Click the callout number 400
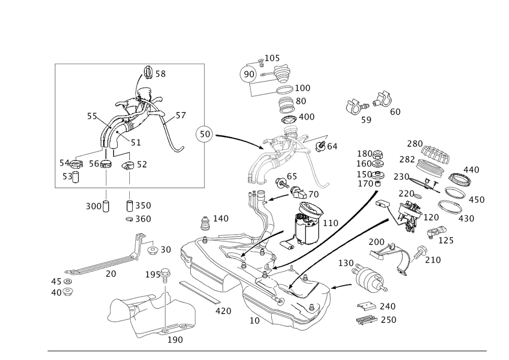click(306, 117)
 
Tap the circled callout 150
click(203, 134)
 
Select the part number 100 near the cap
click(302, 88)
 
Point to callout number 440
click(471, 170)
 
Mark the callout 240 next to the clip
click(387, 306)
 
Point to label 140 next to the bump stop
click(220, 218)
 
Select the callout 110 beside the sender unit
click(331, 223)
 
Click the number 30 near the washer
click(165, 250)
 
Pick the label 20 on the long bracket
click(110, 273)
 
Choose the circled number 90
click(249, 74)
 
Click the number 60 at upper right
click(394, 111)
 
